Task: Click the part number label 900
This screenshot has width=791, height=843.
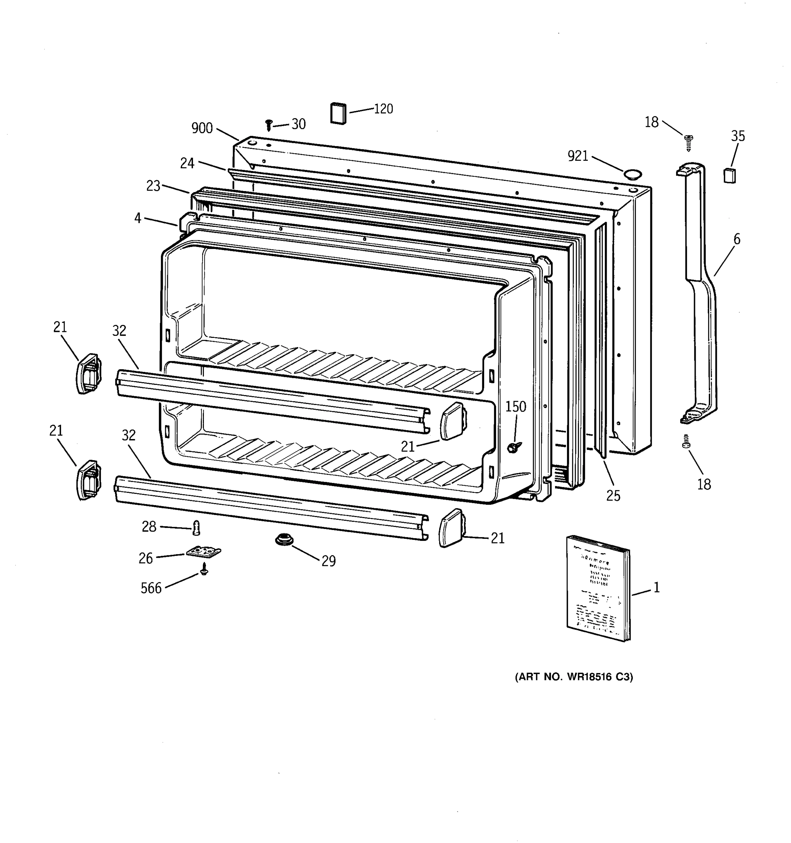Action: point(202,128)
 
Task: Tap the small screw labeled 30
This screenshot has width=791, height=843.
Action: point(268,125)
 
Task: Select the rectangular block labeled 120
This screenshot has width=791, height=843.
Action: point(338,114)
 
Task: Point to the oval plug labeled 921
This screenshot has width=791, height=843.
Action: point(632,174)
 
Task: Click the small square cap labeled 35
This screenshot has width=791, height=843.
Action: point(729,175)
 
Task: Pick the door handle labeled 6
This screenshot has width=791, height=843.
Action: point(700,293)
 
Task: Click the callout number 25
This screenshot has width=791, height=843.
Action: point(613,495)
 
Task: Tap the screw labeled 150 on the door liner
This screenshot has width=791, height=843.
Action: point(514,446)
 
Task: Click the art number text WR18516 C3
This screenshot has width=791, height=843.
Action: point(574,677)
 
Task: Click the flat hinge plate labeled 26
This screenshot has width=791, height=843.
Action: point(204,552)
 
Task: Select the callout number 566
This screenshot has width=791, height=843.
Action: point(151,588)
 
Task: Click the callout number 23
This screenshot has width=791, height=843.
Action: point(153,186)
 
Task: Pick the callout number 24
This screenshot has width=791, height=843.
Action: point(187,163)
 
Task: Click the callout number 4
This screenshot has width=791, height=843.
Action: point(137,218)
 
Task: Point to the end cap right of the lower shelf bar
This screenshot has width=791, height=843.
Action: point(451,528)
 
